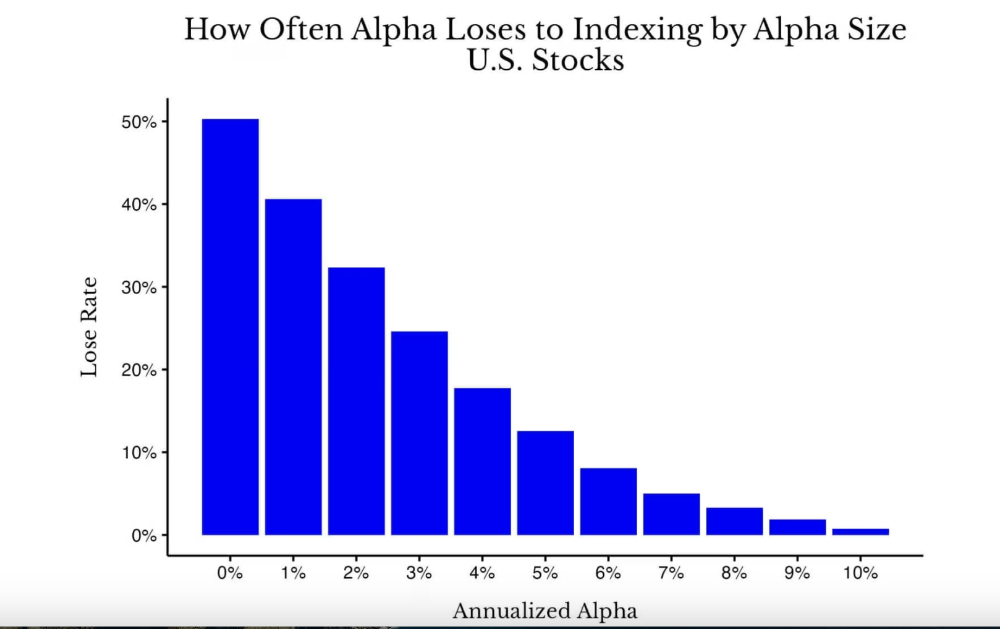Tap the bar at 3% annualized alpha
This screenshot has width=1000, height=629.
click(419, 433)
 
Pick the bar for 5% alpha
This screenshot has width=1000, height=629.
click(545, 483)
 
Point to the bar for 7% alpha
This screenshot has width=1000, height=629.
click(671, 514)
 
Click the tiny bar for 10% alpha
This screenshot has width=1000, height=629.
click(860, 531)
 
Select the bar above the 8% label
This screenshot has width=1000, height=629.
click(734, 521)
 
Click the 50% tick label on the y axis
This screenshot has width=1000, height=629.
click(139, 122)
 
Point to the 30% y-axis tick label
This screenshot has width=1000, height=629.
click(139, 287)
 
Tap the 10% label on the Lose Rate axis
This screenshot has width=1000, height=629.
click(139, 453)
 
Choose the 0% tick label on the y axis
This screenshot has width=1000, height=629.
click(144, 536)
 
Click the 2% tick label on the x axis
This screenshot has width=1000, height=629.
click(356, 573)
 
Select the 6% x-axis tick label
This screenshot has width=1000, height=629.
click(608, 573)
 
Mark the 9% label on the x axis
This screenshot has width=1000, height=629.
click(797, 573)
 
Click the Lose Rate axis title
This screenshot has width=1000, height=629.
click(89, 327)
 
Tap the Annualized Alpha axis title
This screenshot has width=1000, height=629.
click(544, 611)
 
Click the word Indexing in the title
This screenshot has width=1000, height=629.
click(637, 30)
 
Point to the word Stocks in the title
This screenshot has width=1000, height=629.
click(577, 61)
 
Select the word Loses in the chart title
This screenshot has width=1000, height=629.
click(485, 30)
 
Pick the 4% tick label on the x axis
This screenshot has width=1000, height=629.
click(482, 573)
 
